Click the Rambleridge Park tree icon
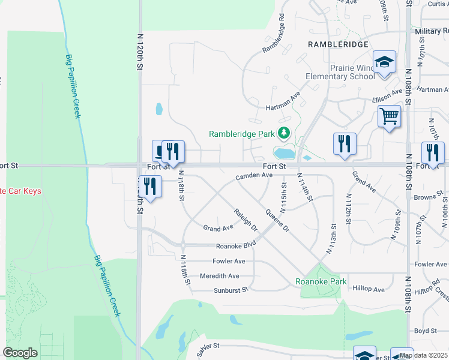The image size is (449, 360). pyautogui.click(x=284, y=133)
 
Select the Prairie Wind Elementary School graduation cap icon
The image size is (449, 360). pyautogui.click(x=384, y=62)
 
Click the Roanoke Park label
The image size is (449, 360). pyautogui.click(x=321, y=281)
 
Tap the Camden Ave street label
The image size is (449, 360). pyautogui.click(x=254, y=176)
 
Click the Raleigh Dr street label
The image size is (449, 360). pyautogui.click(x=246, y=220)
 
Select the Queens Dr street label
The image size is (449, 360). pyautogui.click(x=277, y=220)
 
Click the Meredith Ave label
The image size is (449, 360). pyautogui.click(x=219, y=276)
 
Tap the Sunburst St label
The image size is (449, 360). pyautogui.click(x=231, y=290)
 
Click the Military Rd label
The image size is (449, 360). pyautogui.click(x=431, y=31)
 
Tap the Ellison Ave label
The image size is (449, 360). pyautogui.click(x=387, y=97)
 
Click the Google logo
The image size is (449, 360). pyautogui.click(x=20, y=353)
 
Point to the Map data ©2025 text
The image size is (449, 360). pyautogui.click(x=423, y=355)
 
